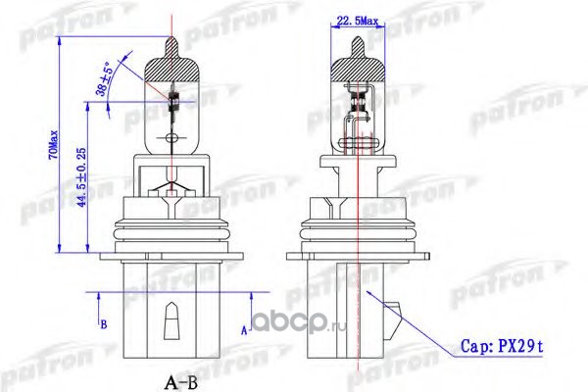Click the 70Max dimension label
click(x=53, y=144)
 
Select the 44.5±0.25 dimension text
click(x=81, y=177)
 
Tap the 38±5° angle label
click(x=105, y=79)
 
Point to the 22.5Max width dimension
click(x=358, y=21)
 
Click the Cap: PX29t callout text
click(x=502, y=346)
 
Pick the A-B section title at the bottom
click(x=180, y=382)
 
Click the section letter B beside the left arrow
click(x=104, y=324)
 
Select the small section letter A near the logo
click(x=244, y=331)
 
